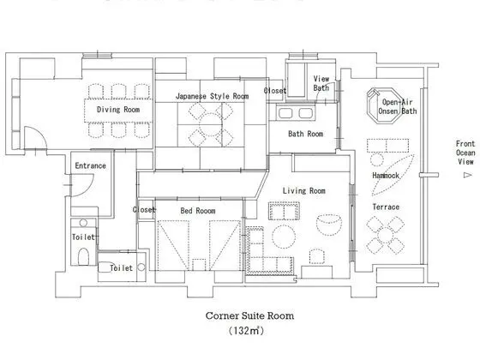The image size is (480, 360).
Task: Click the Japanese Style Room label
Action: pyautogui.click(x=213, y=96)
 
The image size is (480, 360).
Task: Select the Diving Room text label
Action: pyautogui.click(x=118, y=110)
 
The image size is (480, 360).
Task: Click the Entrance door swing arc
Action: pyautogui.click(x=90, y=188)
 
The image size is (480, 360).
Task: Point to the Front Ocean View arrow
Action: pyautogui.click(x=468, y=175)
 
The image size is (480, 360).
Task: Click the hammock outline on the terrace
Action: pyautogui.click(x=393, y=175)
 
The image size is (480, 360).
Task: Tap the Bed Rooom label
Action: pyautogui.click(x=198, y=211)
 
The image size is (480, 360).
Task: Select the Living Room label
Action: pyautogui.click(x=304, y=190)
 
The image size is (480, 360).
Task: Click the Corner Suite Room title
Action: pyautogui.click(x=249, y=315)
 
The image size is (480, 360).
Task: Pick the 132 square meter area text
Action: pyautogui.click(x=246, y=331)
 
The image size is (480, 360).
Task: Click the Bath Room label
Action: pyautogui.click(x=305, y=134)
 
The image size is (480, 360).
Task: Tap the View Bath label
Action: pyautogui.click(x=321, y=83)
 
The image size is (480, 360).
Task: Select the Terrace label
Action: pyautogui.click(x=386, y=207)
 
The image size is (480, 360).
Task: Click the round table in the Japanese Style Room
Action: pyautogui.click(x=210, y=124)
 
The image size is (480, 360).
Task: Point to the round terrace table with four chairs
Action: pyautogui.click(x=386, y=235)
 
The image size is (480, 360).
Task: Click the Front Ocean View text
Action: pyautogui.click(x=465, y=153)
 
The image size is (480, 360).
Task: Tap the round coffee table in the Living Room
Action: pyautogui.click(x=284, y=237)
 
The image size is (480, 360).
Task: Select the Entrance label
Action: pyautogui.click(x=90, y=165)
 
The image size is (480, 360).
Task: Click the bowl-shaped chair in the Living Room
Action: pyautogui.click(x=329, y=225)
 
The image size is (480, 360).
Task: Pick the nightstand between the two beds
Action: pyautogui.click(x=199, y=265)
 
